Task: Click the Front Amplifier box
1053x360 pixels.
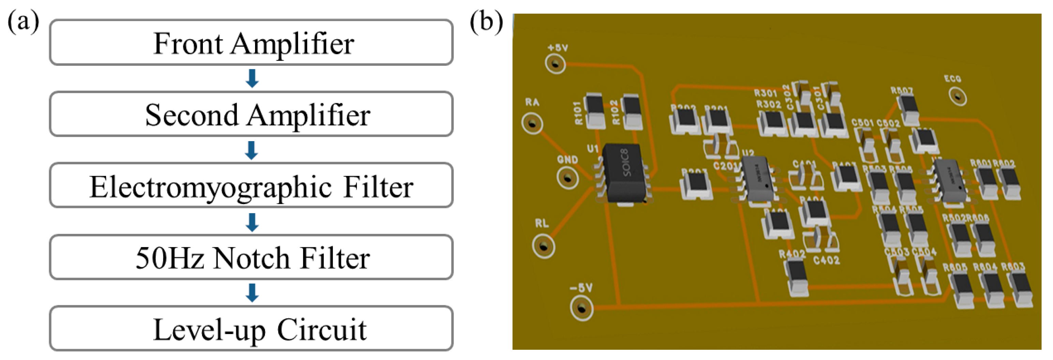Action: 251,43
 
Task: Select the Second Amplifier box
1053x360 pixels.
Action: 251,114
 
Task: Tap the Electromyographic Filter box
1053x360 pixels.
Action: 251,186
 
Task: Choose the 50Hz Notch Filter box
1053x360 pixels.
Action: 251,257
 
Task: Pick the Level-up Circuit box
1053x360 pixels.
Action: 251,329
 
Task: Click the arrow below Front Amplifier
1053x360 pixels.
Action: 252,78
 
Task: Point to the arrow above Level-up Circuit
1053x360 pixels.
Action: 252,292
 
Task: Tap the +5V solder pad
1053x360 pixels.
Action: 555,64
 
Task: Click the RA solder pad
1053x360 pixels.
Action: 532,123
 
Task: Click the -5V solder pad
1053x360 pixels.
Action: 581,308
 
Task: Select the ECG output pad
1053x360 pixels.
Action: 957,97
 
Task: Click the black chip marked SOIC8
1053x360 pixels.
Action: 624,173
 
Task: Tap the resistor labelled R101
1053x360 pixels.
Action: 595,110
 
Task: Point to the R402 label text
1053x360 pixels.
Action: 792,254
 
